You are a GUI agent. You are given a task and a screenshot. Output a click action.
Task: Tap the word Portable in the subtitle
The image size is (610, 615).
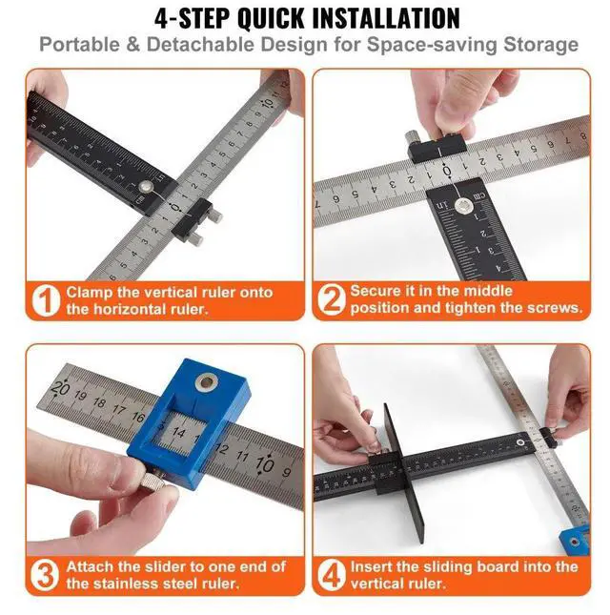[x=80, y=44]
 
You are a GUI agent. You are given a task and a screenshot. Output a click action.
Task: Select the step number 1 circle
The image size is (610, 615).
[x=47, y=300]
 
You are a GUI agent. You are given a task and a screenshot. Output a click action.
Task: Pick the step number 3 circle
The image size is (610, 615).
[x=47, y=575]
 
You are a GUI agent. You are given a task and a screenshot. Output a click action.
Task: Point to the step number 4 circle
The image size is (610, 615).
[x=332, y=575]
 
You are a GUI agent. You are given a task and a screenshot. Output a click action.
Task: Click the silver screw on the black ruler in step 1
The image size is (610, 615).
[x=147, y=187]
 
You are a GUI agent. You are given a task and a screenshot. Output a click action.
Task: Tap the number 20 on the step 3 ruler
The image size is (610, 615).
[x=60, y=388]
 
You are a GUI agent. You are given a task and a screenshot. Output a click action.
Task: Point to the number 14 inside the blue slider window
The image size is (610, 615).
[x=179, y=432]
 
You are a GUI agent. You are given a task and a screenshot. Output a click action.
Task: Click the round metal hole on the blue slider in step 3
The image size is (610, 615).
[x=207, y=382]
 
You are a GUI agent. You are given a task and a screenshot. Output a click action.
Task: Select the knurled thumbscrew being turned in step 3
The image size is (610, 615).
[x=154, y=482]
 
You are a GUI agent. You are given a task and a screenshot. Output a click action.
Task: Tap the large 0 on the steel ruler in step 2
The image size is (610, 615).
[x=446, y=172]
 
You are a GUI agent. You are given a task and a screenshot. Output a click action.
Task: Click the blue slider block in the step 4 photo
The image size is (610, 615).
[x=575, y=542]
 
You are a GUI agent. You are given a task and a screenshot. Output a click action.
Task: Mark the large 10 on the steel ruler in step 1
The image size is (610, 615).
[x=268, y=103]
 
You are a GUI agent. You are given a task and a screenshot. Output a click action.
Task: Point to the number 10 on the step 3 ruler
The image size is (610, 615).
[x=264, y=464]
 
